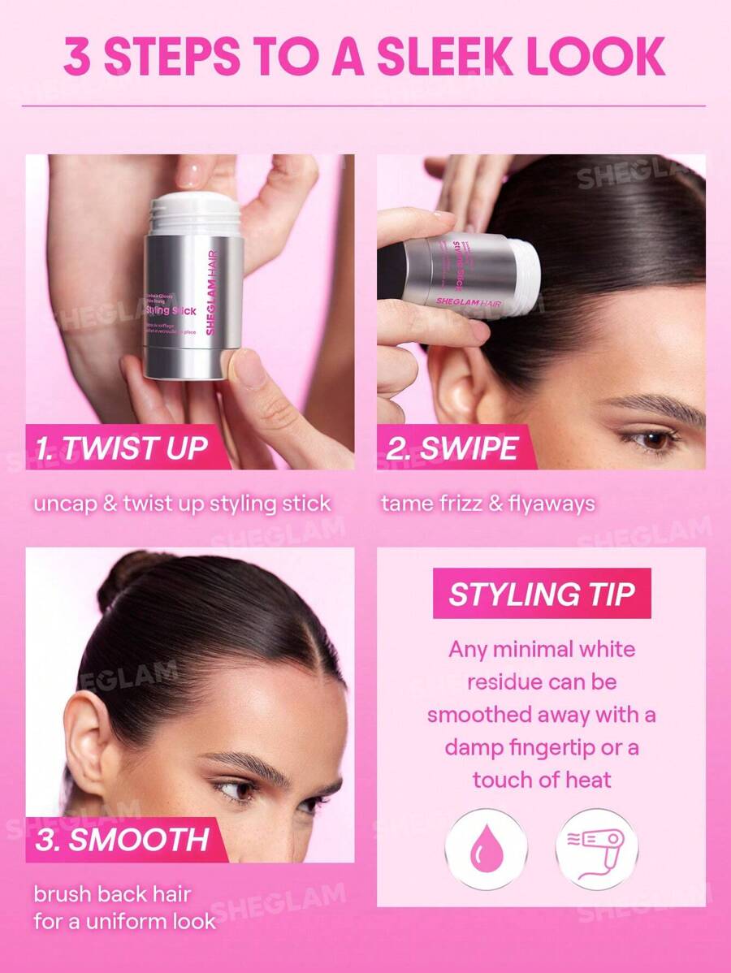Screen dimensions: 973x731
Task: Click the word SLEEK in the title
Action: pos(439,55)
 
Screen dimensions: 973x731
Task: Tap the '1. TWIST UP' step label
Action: pos(122,448)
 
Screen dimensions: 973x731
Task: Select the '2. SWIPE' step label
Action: pos(452,448)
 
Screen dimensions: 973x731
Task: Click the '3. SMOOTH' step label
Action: pos(121,839)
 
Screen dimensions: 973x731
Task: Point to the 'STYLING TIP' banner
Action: pos(542,594)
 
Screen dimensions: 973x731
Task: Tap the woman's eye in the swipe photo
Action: pos(652,439)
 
